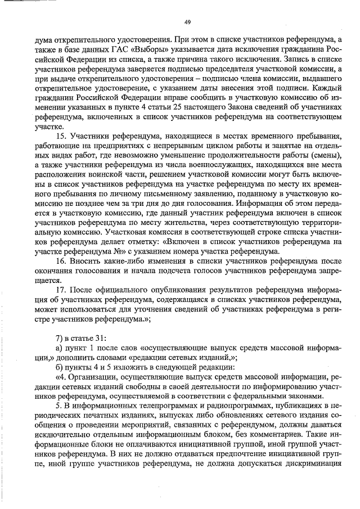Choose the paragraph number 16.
click(x=62, y=262)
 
